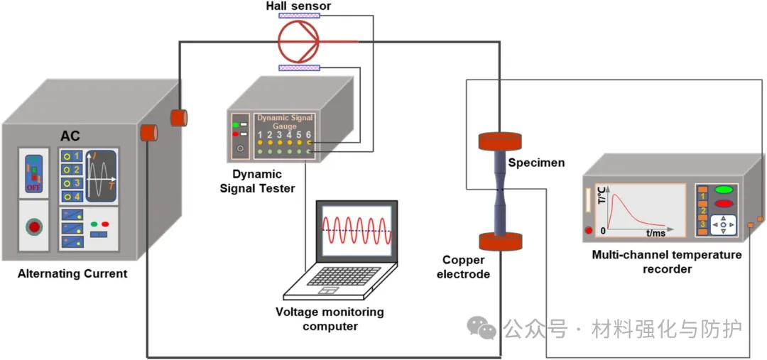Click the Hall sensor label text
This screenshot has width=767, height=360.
tap(298, 6)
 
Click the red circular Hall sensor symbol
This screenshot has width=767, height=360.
tap(298, 41)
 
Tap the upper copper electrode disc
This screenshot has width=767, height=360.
tap(501, 141)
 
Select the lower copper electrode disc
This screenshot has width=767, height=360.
tap(501, 241)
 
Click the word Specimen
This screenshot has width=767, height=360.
tap(536, 163)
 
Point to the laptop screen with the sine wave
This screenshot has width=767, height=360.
tap(355, 231)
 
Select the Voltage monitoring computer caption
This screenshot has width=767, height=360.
tap(330, 319)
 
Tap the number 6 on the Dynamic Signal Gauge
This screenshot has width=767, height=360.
tap(309, 135)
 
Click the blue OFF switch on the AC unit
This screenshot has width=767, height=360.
tap(33, 173)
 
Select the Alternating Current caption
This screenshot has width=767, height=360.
tap(72, 273)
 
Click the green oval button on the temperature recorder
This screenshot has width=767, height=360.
tap(724, 190)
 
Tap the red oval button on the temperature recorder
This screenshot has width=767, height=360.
tap(724, 204)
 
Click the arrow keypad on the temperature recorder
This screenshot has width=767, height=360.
tap(724, 225)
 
